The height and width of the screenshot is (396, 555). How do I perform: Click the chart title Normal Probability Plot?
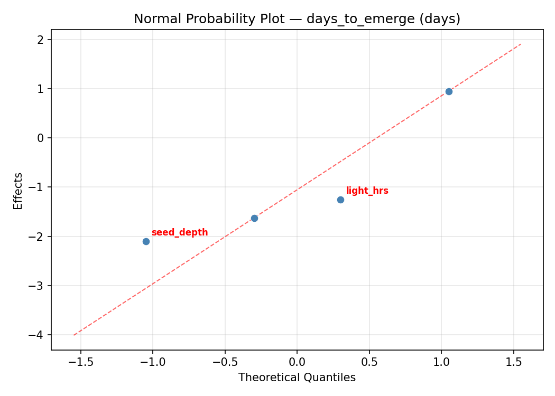(x=297, y=19)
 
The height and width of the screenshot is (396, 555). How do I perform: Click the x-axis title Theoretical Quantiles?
(x=297, y=378)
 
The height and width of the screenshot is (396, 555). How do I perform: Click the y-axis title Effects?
(x=18, y=191)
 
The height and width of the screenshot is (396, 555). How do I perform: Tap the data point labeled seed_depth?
(x=146, y=241)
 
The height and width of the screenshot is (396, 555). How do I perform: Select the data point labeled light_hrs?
(x=340, y=200)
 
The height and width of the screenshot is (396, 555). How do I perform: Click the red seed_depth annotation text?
(x=180, y=232)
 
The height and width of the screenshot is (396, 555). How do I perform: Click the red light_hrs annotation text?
(x=367, y=191)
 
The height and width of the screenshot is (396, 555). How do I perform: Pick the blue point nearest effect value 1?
(x=449, y=91)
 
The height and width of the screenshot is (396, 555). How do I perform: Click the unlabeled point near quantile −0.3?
(x=254, y=218)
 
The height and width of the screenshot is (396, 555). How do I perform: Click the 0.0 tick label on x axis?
(x=297, y=363)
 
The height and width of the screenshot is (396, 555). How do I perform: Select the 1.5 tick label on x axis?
(x=513, y=363)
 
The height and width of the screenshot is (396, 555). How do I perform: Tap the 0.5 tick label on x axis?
(x=369, y=363)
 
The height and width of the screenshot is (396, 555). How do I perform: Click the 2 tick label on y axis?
(x=41, y=40)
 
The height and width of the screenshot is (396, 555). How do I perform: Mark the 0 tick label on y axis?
(x=41, y=138)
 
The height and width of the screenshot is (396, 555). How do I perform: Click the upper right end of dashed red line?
(x=521, y=44)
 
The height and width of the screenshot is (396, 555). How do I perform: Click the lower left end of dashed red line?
(x=73, y=335)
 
